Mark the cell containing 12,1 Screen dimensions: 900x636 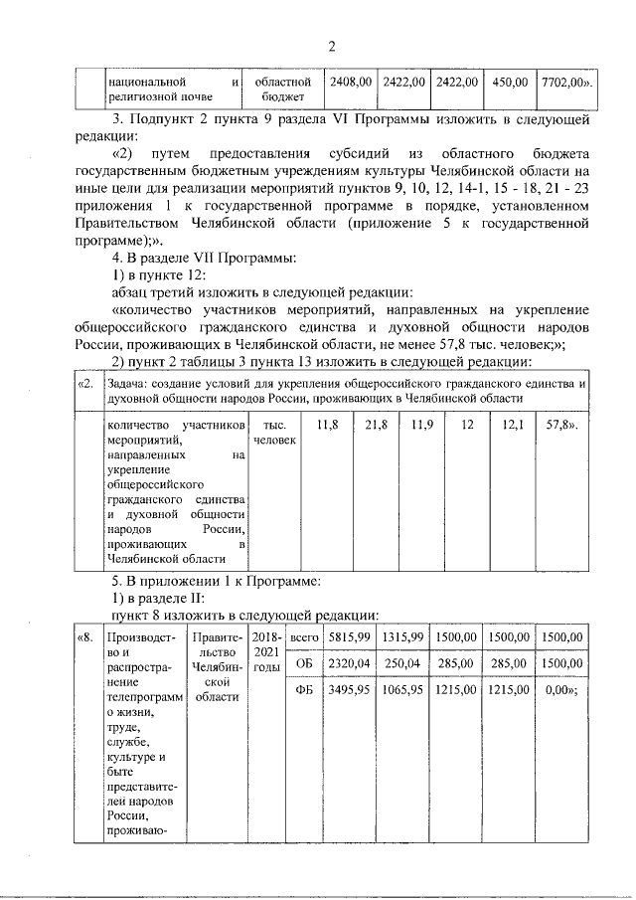point(513,426)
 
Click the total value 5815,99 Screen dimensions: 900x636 point(350,637)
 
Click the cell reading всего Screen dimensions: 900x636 point(304,637)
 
